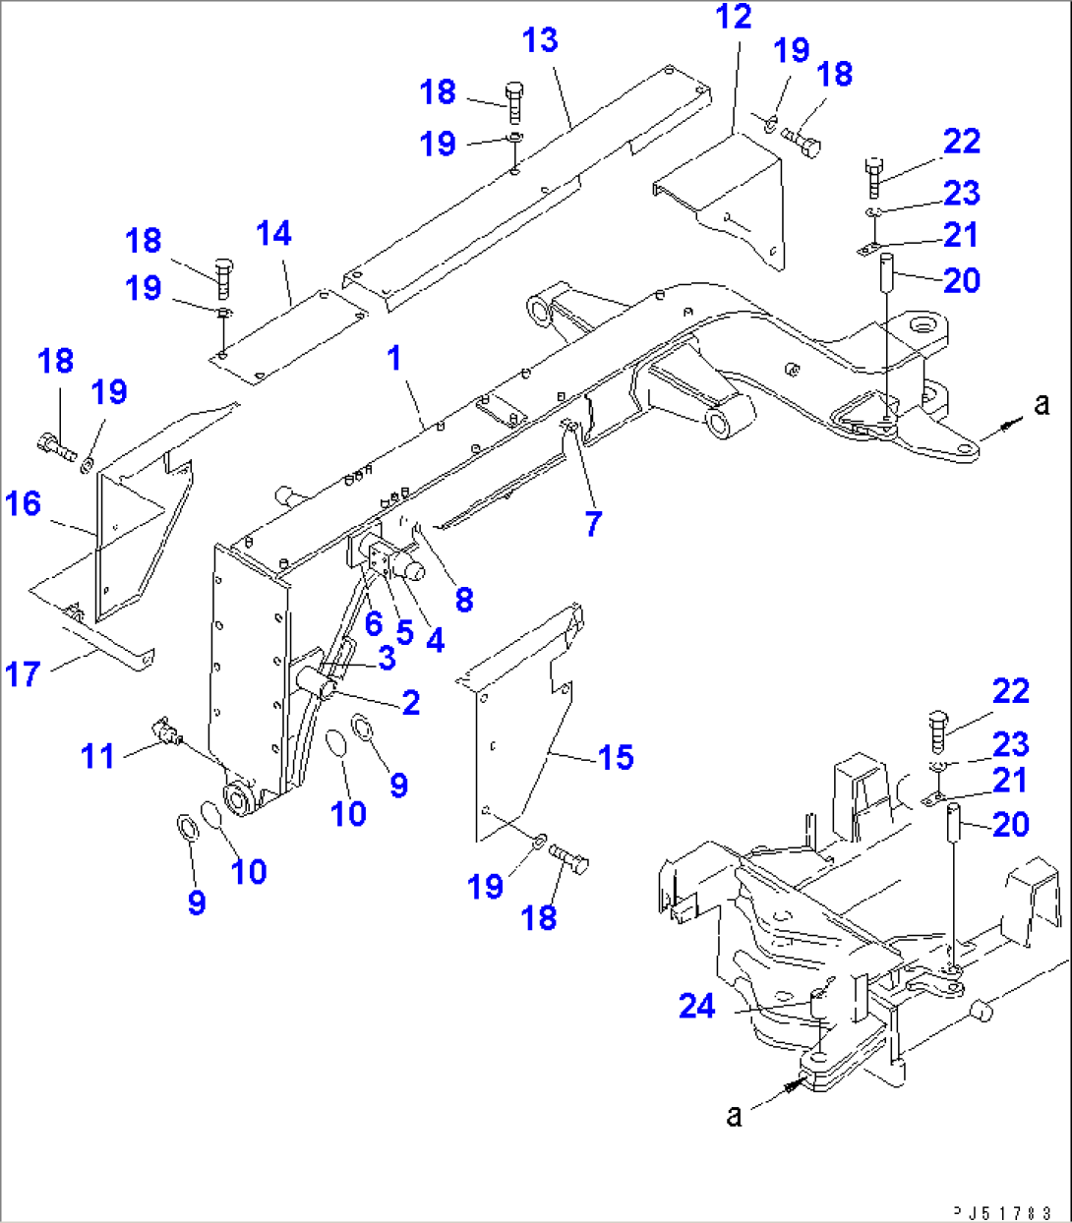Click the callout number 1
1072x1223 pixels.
click(x=394, y=358)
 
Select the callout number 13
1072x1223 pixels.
click(x=540, y=40)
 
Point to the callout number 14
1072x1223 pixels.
click(x=273, y=234)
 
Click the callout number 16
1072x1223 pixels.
click(x=23, y=504)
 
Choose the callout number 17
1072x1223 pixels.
click(x=23, y=674)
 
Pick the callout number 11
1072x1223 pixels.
click(x=97, y=756)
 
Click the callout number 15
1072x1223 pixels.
click(x=616, y=757)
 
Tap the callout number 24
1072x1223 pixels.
click(x=697, y=1006)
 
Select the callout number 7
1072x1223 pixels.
click(x=592, y=524)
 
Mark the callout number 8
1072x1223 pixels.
click(x=464, y=599)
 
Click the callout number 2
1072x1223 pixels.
click(x=411, y=702)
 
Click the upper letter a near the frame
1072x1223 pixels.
click(x=1042, y=403)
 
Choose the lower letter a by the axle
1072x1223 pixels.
click(x=735, y=1115)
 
